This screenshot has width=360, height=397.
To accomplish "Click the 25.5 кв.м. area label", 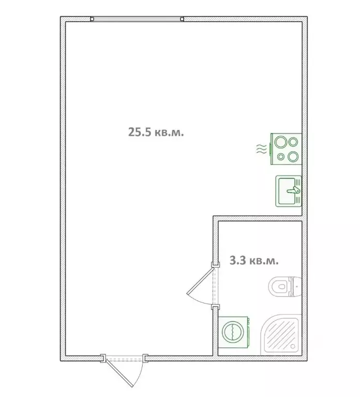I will [x=156, y=131].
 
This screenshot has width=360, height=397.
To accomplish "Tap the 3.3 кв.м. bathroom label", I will [x=253, y=261].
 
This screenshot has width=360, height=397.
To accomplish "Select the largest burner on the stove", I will [x=282, y=141].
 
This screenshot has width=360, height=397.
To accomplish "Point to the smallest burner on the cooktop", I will [x=281, y=156].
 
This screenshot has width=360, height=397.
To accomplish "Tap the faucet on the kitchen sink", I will [x=294, y=191].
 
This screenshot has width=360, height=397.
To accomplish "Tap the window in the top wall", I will [x=137, y=20].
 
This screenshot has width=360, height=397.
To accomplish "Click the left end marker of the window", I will [x=92, y=20].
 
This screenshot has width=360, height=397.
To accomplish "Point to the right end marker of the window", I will [x=183, y=20].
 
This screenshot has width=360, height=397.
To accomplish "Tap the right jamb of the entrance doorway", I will [x=146, y=358].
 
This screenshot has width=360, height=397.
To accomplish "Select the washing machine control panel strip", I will [x=248, y=331].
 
